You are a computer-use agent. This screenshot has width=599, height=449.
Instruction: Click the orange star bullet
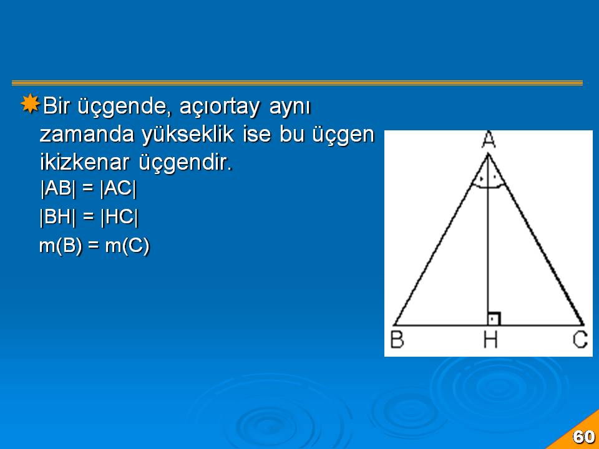(x=30, y=104)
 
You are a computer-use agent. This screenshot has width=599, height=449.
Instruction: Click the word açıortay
(x=220, y=107)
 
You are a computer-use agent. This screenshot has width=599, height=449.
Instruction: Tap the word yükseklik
(x=188, y=135)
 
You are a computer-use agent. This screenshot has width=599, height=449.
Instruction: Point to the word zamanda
(x=87, y=135)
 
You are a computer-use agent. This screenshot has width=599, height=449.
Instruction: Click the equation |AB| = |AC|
(x=88, y=188)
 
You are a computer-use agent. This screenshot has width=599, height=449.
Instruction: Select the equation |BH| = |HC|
(x=89, y=217)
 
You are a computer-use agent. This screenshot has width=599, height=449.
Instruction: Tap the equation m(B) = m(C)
(x=94, y=246)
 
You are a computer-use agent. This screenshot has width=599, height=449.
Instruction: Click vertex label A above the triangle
(x=488, y=139)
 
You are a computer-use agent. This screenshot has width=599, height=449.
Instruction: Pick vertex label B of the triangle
(x=397, y=339)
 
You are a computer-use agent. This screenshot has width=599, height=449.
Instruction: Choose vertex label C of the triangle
(x=580, y=339)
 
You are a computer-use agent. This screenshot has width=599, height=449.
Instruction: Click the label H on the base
(x=490, y=339)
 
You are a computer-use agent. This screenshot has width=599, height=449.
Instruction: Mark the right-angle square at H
(x=494, y=319)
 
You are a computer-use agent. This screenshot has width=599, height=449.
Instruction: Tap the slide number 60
(x=583, y=437)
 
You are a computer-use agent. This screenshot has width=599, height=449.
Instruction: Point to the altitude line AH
(x=488, y=239)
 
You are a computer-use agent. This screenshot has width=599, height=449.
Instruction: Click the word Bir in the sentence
(x=56, y=106)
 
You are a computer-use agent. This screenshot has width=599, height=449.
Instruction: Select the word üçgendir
(x=186, y=163)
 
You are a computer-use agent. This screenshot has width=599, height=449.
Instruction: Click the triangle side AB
(x=441, y=239)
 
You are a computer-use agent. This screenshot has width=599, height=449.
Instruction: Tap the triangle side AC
(x=536, y=239)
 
